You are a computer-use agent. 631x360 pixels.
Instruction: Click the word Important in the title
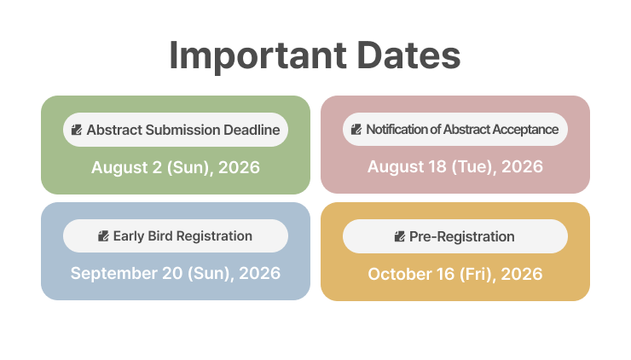(x=258, y=55)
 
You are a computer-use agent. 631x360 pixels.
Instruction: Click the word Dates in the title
(x=408, y=55)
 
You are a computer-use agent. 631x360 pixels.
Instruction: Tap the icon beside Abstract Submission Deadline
(x=77, y=130)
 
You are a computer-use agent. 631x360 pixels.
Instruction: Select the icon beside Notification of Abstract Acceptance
(x=356, y=130)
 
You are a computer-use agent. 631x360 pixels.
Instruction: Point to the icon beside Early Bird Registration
(x=103, y=236)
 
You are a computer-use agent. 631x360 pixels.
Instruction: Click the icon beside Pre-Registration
(x=400, y=236)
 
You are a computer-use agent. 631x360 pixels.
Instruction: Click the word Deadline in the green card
(x=252, y=130)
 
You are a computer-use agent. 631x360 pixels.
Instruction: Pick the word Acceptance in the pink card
(x=525, y=130)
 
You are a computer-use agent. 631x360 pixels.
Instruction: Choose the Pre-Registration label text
(x=461, y=236)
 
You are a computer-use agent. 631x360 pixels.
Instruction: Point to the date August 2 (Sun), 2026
(x=176, y=167)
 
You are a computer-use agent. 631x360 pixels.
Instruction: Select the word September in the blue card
(x=114, y=274)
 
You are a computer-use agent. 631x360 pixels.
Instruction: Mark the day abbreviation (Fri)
(x=478, y=274)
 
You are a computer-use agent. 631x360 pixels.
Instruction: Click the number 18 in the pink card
(x=437, y=166)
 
